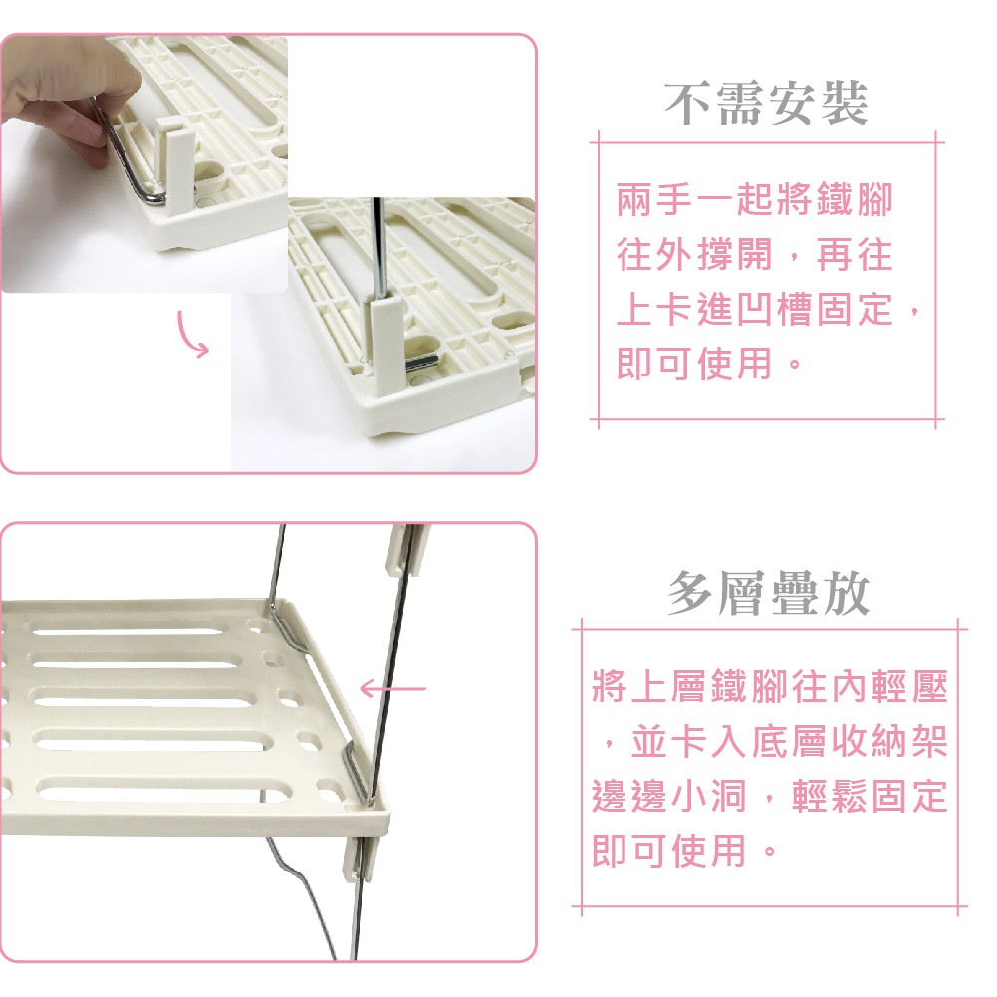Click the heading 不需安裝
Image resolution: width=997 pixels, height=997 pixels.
(766, 103)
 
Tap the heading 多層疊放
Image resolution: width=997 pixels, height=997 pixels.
(769, 593)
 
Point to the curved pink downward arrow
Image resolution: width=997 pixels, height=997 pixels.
(192, 334)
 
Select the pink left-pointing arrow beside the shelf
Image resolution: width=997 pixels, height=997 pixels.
(393, 688)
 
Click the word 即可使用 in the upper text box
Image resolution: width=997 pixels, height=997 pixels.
(694, 364)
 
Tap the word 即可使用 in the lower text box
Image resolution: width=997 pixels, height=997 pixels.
(669, 851)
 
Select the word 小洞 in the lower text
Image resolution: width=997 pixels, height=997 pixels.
(708, 796)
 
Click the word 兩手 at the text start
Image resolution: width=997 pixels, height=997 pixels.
(655, 199)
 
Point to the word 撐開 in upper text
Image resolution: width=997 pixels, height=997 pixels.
(734, 254)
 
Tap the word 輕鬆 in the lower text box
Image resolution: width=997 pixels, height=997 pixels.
(831, 796)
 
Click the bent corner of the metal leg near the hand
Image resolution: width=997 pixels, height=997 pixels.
(153, 194)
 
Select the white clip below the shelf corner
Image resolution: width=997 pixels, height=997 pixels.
(361, 859)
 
